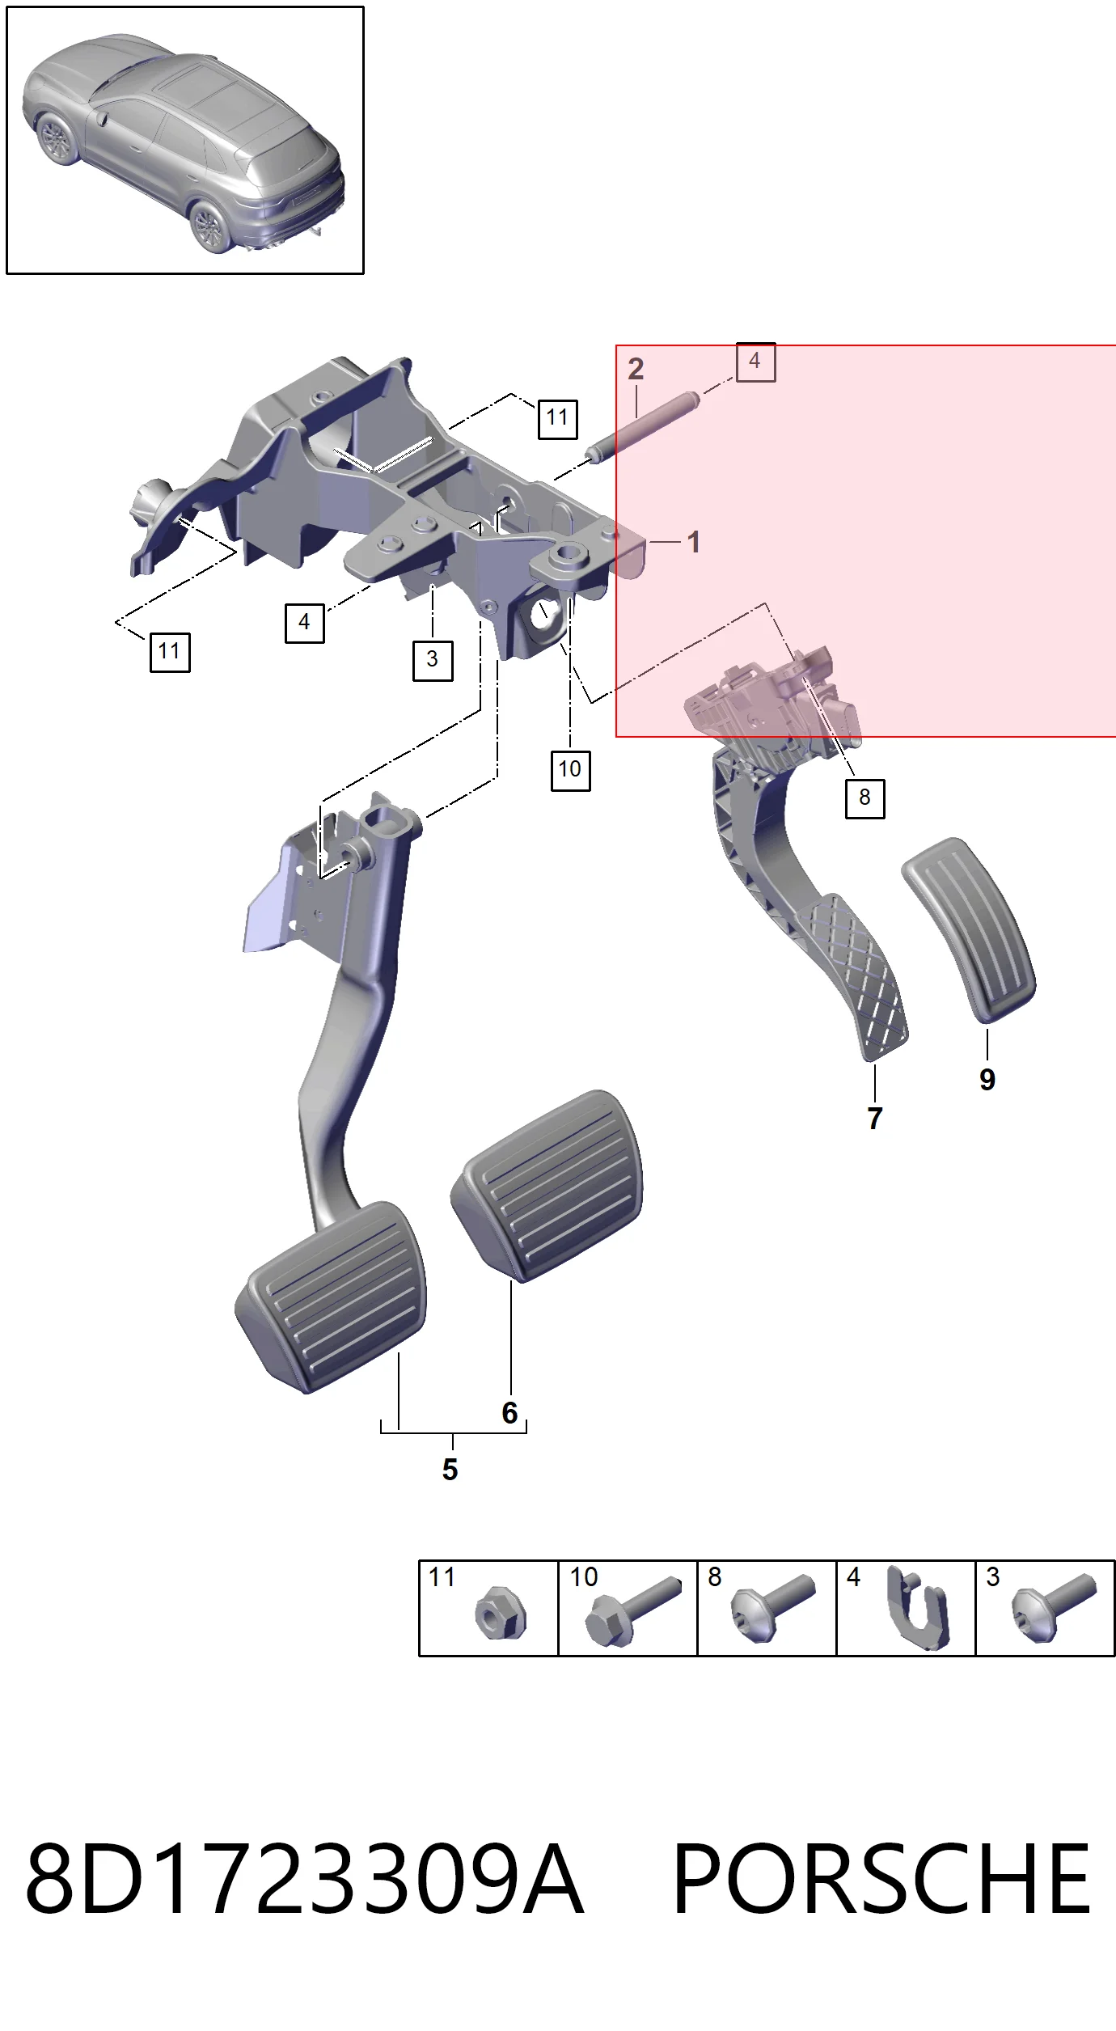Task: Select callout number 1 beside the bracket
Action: [694, 542]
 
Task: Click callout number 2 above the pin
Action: [636, 369]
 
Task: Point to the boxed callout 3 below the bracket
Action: [433, 660]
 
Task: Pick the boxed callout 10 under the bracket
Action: [570, 770]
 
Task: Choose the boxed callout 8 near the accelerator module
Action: [864, 798]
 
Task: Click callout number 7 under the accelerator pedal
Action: [874, 1118]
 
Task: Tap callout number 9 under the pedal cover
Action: [987, 1079]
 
